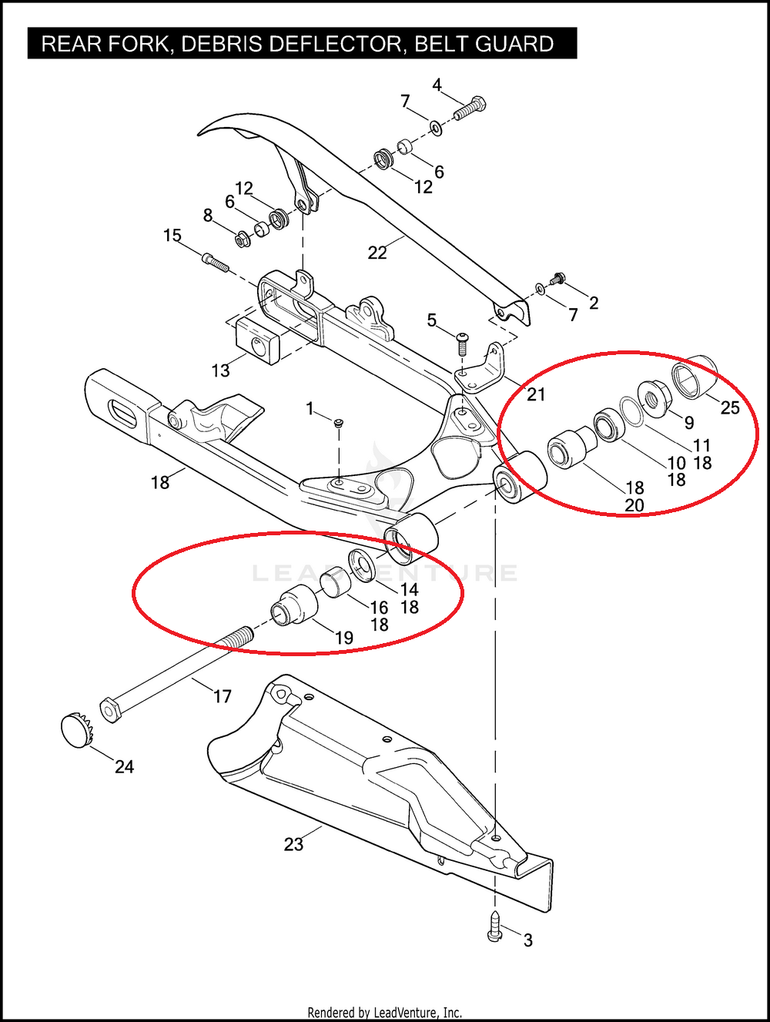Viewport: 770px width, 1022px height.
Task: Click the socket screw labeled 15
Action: pyautogui.click(x=216, y=262)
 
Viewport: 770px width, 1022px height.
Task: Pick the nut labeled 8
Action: pyautogui.click(x=243, y=239)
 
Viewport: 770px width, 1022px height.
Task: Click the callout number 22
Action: pyautogui.click(x=377, y=253)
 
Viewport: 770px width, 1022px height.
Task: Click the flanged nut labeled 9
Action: pyautogui.click(x=654, y=399)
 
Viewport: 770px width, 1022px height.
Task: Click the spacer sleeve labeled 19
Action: pyautogui.click(x=294, y=605)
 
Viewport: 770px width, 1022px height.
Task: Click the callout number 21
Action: pyautogui.click(x=536, y=394)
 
